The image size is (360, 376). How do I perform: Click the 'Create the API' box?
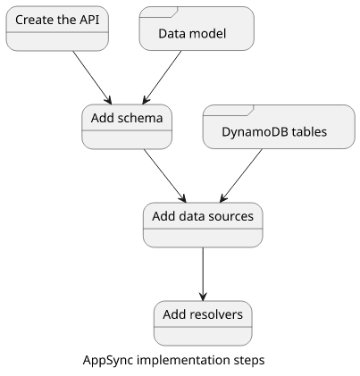coord(57,29)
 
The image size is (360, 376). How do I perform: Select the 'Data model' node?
coord(197,29)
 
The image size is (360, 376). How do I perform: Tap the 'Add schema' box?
coord(127,127)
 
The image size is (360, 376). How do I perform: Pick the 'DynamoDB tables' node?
coord(279,127)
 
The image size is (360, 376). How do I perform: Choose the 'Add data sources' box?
coord(203,225)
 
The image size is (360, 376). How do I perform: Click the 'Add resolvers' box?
coord(203,323)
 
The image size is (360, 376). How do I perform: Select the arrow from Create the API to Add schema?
coord(92,78)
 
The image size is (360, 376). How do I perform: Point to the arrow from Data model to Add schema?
coord(162,78)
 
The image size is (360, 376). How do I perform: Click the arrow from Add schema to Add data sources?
coord(165,176)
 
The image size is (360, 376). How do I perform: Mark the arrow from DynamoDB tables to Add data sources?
coord(241,176)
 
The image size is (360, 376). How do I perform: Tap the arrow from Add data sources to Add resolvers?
coord(203,274)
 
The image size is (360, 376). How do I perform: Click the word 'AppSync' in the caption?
coord(108,361)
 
